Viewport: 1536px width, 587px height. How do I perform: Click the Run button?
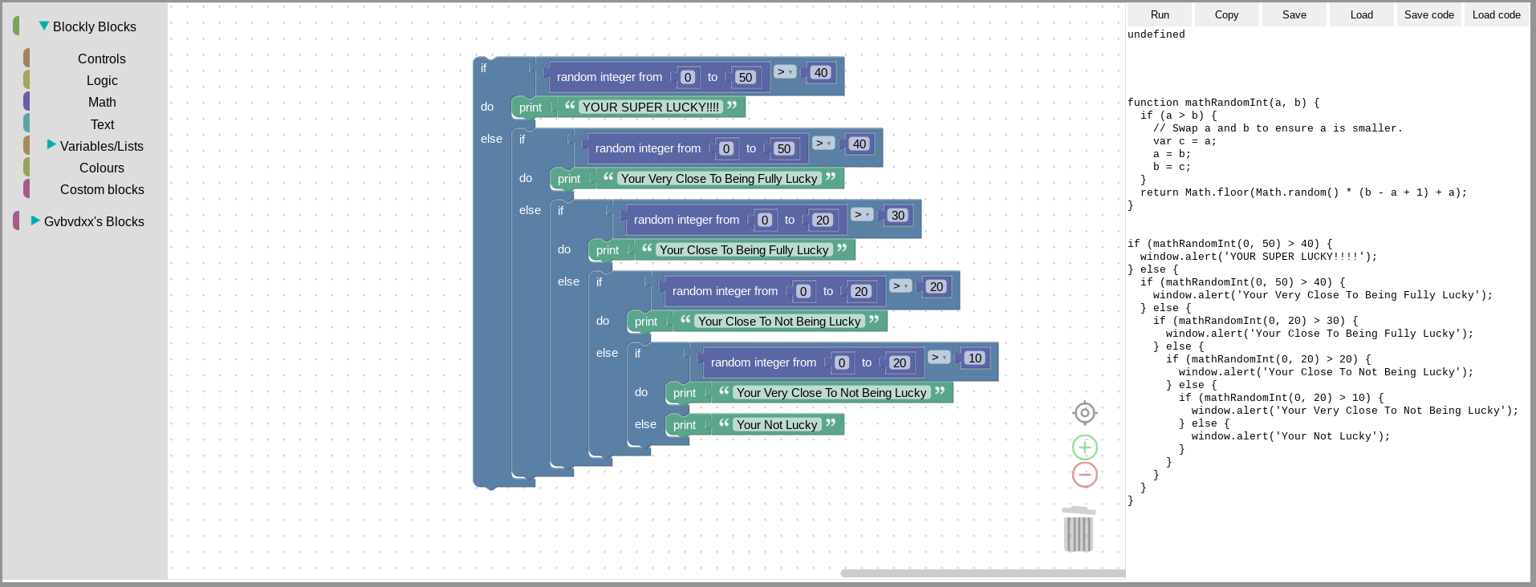(1160, 14)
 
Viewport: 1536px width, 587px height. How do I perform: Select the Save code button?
(1428, 14)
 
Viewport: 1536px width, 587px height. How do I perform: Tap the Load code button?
(1496, 14)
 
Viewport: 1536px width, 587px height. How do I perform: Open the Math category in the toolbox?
(102, 102)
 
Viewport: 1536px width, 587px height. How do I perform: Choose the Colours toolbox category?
(102, 168)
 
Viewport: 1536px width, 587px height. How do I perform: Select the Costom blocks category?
(102, 189)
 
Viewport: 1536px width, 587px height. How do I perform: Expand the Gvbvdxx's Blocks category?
(93, 221)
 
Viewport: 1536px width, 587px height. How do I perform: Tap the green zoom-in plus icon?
(1085, 447)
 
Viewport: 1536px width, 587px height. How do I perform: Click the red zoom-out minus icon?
(1085, 475)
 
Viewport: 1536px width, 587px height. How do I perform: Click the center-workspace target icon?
(1085, 412)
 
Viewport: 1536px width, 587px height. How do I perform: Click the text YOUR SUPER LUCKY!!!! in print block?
(651, 107)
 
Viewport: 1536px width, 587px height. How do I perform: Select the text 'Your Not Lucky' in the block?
(776, 425)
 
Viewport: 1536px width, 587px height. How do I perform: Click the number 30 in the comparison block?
(898, 215)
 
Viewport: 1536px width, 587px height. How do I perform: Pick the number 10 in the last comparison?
(975, 358)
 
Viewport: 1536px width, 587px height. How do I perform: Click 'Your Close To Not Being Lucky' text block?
(778, 322)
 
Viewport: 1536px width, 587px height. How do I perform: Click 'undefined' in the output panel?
(1156, 34)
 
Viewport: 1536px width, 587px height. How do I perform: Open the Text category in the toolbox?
(102, 124)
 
